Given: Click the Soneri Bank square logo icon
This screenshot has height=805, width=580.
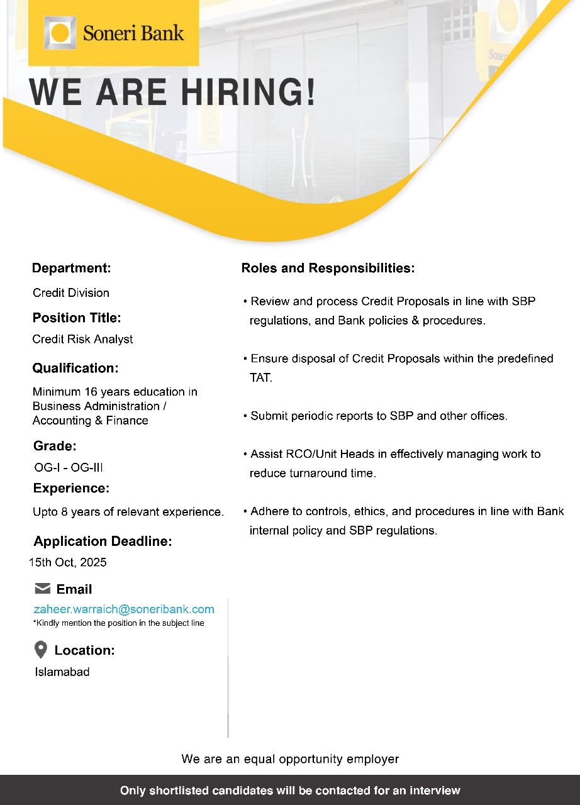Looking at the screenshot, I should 60,33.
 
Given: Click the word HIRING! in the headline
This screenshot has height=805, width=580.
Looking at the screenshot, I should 248,92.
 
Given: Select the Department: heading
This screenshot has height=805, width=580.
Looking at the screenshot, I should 71,268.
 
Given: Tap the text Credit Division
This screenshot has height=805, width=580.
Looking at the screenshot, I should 71,292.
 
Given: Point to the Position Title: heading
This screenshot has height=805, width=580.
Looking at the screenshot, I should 77,318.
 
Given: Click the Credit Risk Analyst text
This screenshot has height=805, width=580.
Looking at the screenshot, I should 82,339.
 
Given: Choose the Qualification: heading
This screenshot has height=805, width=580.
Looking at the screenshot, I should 75,368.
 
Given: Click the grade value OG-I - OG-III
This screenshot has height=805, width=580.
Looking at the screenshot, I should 69,467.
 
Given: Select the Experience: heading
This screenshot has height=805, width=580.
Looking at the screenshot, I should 71,488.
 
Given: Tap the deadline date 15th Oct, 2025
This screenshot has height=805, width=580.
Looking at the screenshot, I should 68,562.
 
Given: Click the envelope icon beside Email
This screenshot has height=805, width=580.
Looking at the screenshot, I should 43,589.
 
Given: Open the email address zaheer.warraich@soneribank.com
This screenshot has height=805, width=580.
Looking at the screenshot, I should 124,609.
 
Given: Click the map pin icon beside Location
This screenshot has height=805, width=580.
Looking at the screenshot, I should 41,650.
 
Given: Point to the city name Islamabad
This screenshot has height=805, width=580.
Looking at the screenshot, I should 62,672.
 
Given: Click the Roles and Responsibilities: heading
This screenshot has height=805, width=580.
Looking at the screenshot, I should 328,269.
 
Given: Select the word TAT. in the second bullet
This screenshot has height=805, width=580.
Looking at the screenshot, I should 261,378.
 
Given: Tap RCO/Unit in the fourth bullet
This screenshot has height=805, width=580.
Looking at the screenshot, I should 297,454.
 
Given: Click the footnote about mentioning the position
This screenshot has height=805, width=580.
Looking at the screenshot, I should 118,623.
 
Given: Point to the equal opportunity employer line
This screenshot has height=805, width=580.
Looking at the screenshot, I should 290,759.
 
